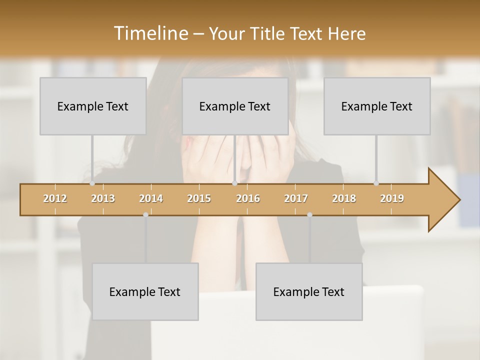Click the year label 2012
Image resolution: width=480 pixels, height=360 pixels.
55,198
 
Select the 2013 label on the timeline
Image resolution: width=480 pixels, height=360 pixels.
103,198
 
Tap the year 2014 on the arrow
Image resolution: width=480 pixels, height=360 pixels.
151,198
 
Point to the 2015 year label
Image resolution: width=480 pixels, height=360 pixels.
199,198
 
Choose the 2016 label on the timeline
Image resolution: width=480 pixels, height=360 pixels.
248,198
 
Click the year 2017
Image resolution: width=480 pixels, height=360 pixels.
296,198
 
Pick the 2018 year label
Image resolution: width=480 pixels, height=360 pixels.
344,198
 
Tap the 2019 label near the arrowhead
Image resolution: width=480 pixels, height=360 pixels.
392,198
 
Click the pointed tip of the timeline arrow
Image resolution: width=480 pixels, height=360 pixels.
459,200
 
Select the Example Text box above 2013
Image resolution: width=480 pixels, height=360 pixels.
93,106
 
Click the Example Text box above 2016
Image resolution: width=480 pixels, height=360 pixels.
235,106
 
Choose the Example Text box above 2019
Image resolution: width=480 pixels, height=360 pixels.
377,106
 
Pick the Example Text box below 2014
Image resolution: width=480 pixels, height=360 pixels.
145,291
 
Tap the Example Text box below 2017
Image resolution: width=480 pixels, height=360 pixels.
309,291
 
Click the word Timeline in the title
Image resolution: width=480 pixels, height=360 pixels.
149,33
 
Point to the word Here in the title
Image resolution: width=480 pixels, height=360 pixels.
346,34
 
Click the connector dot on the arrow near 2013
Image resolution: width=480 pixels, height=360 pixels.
92,183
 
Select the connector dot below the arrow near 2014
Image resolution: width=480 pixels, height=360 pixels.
145,214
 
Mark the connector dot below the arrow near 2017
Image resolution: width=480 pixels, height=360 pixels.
309,214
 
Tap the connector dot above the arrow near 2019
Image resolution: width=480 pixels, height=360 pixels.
376,183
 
